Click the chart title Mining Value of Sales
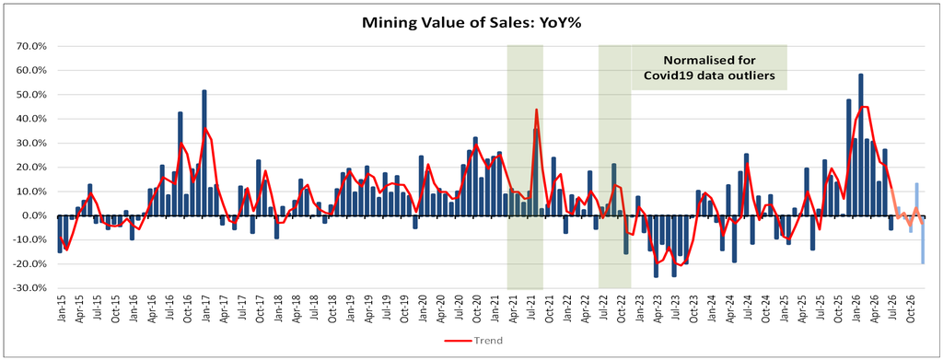point(471,23)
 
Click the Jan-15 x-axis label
point(61,309)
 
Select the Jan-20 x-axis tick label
point(422,309)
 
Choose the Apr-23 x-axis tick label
point(656,309)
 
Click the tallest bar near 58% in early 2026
point(861,145)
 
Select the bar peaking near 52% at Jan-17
point(204,153)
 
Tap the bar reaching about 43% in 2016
point(180,164)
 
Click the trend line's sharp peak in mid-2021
point(536,110)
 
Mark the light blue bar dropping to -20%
point(922,239)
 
